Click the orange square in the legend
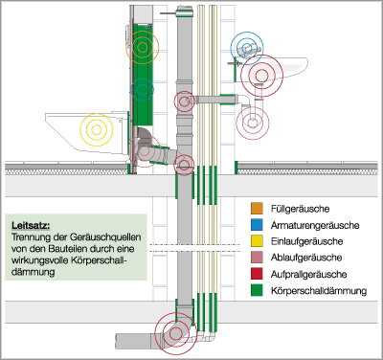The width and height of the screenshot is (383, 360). [256, 208]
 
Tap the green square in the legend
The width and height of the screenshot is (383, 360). [256, 294]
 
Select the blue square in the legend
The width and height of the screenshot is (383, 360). [256, 225]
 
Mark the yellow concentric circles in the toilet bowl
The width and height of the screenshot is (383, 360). [96, 129]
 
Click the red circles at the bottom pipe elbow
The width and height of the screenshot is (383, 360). [175, 332]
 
